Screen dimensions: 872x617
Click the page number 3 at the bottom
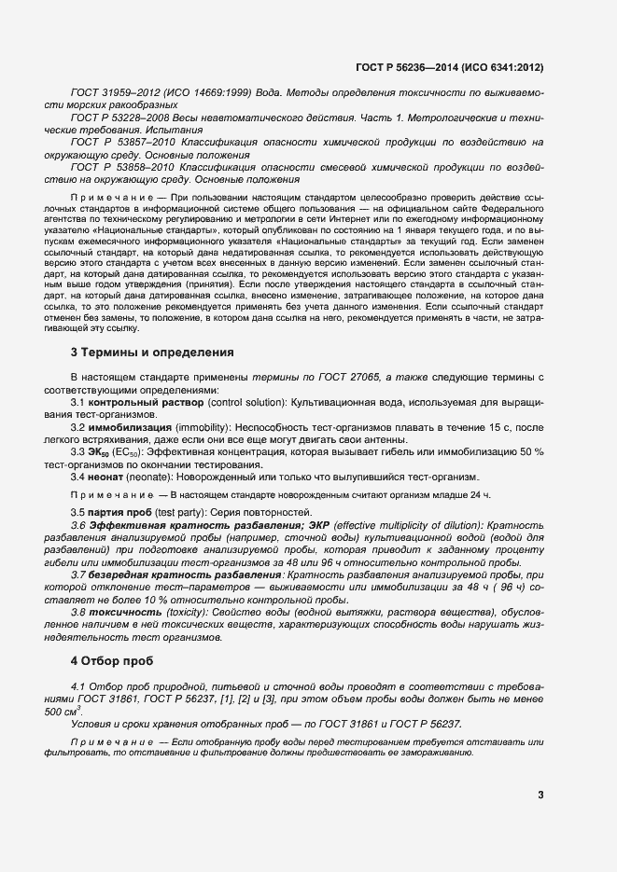pos(540,795)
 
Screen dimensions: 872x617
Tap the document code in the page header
pos(450,67)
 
